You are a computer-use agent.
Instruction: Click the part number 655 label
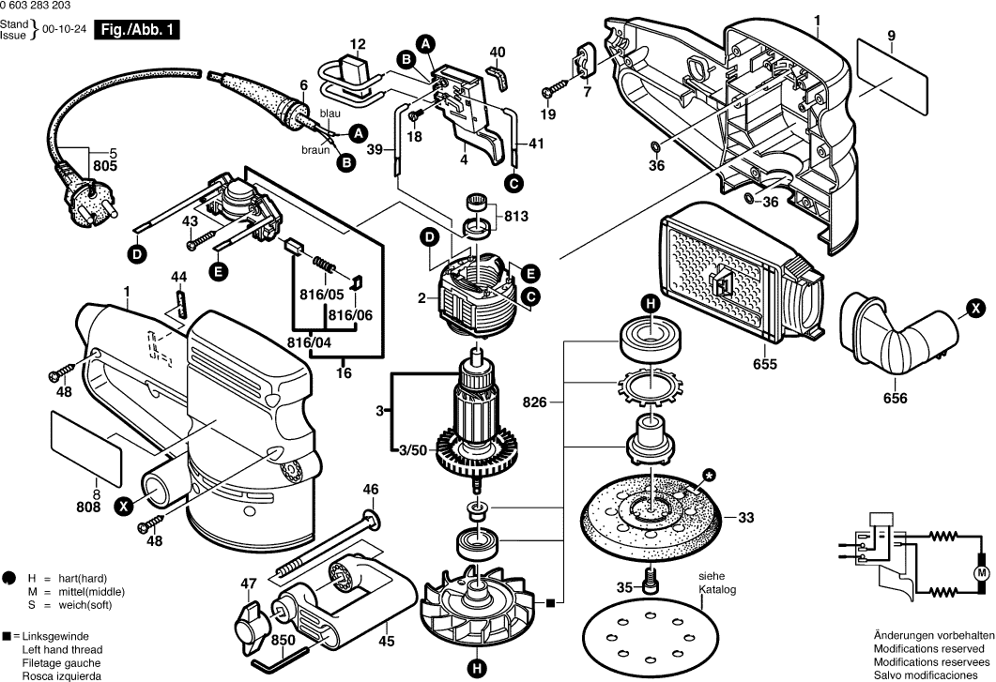[x=765, y=363]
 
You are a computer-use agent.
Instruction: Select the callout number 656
[x=896, y=398]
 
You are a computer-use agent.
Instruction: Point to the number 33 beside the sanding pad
[x=746, y=517]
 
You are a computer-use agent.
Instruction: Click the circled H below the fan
[x=477, y=668]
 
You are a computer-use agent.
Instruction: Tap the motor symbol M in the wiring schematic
[x=982, y=572]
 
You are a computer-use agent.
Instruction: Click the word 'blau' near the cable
[x=330, y=114]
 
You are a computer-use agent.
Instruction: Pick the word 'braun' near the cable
[x=315, y=150]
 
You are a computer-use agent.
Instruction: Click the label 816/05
[x=321, y=294]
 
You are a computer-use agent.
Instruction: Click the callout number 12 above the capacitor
[x=358, y=44]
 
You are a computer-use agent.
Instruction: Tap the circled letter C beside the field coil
[x=531, y=298]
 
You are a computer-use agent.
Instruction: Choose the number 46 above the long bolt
[x=371, y=489]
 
